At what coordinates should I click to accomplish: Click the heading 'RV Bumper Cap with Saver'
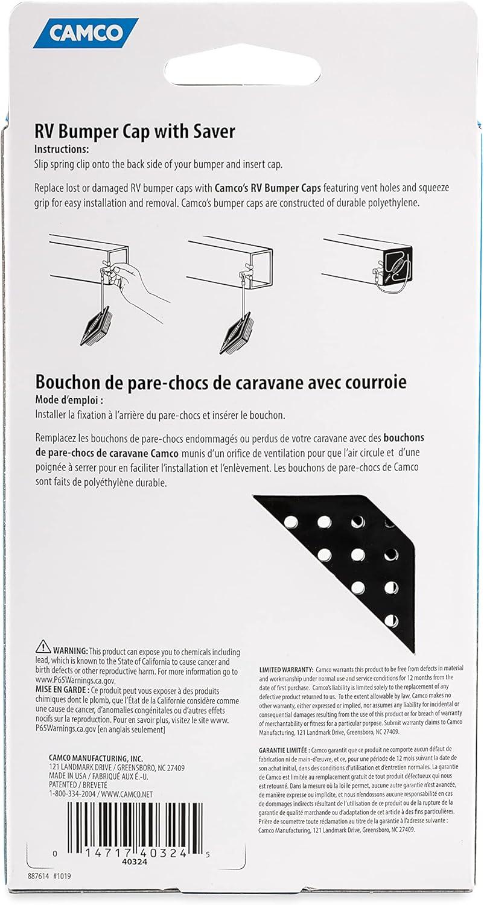point(135,132)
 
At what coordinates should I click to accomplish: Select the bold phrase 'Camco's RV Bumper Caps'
point(263,188)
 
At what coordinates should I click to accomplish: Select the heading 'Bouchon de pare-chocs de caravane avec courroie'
point(220,383)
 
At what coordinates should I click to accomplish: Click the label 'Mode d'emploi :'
point(69,400)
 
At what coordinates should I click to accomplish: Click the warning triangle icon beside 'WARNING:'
point(43,647)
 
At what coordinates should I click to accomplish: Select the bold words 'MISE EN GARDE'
point(62,690)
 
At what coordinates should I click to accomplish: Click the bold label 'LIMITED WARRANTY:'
point(286,670)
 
